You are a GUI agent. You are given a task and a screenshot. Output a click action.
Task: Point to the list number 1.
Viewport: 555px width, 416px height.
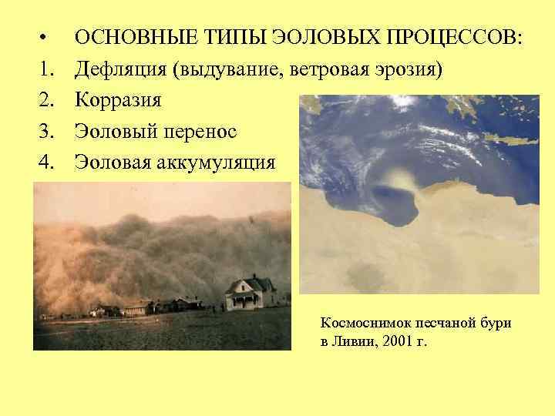pyautogui.click(x=47, y=70)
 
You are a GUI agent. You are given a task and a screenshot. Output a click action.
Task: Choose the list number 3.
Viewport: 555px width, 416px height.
pyautogui.click(x=47, y=131)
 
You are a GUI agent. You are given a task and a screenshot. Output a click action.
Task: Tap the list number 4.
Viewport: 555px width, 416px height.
pyautogui.click(x=47, y=162)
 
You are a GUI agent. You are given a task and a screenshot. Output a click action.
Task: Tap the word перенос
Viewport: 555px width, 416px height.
pyautogui.click(x=202, y=131)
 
